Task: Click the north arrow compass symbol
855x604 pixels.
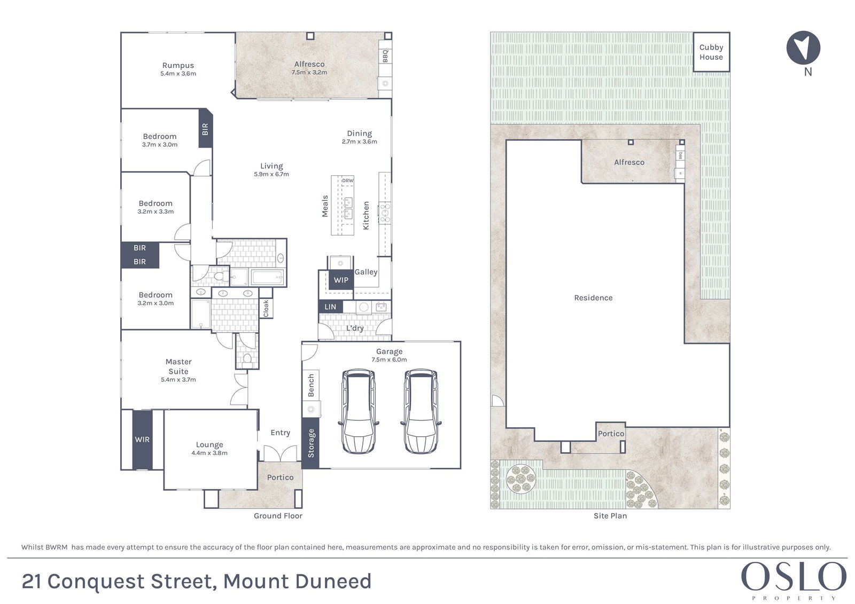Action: point(803,48)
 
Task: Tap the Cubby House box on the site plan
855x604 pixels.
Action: point(711,52)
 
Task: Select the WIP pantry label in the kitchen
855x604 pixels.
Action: point(341,280)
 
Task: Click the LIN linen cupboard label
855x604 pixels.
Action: point(330,307)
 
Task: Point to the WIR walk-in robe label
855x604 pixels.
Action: point(142,440)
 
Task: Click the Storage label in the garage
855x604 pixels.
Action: point(310,443)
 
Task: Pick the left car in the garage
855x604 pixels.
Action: point(359,411)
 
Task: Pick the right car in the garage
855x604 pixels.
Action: point(421,411)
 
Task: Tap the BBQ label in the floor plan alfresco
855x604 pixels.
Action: point(385,56)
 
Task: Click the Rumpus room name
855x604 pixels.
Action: point(178,65)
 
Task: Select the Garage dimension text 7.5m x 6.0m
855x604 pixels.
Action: point(389,359)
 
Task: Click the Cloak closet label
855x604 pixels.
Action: point(266,308)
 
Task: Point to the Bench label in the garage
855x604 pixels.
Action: point(310,386)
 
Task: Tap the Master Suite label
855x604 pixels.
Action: point(178,366)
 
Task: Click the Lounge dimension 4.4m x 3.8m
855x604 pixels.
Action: point(209,453)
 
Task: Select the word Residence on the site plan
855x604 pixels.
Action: point(593,297)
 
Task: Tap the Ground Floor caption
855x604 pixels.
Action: point(278,516)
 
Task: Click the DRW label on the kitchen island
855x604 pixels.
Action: point(348,181)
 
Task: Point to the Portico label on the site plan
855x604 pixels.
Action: point(611,434)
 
